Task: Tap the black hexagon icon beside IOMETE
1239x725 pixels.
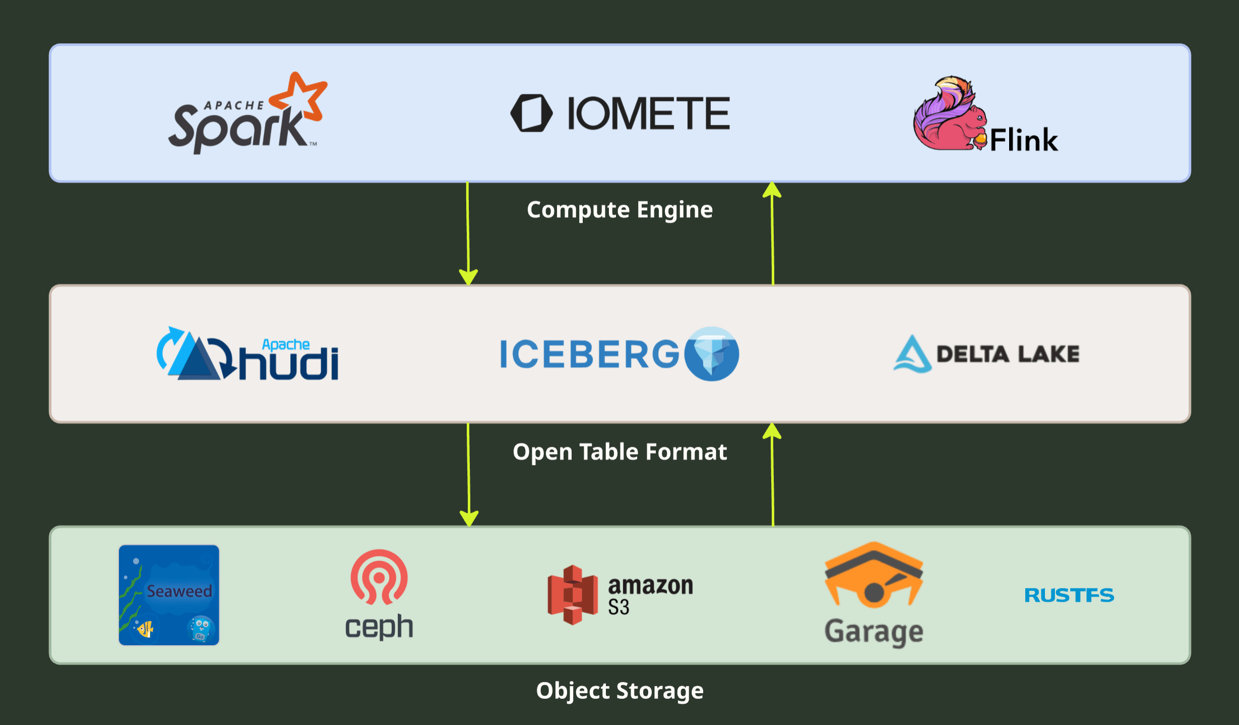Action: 531,113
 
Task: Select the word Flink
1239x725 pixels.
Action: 1024,140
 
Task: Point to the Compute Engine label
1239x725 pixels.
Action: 619,210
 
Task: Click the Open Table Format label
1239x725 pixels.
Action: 619,452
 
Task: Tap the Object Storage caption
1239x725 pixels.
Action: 619,691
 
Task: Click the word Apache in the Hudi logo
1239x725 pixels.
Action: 286,345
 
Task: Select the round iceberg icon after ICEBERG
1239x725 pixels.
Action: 712,354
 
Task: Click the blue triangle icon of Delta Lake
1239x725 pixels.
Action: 912,354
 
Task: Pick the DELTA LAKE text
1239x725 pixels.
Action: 1008,354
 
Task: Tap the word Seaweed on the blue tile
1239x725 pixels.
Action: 179,591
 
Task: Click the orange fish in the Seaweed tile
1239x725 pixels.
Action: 145,629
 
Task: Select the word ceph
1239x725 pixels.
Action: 379,627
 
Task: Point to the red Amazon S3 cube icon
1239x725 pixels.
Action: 573,595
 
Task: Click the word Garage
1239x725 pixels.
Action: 874,632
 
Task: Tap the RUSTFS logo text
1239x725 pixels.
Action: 1069,595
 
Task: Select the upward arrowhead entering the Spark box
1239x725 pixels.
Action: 772,190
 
